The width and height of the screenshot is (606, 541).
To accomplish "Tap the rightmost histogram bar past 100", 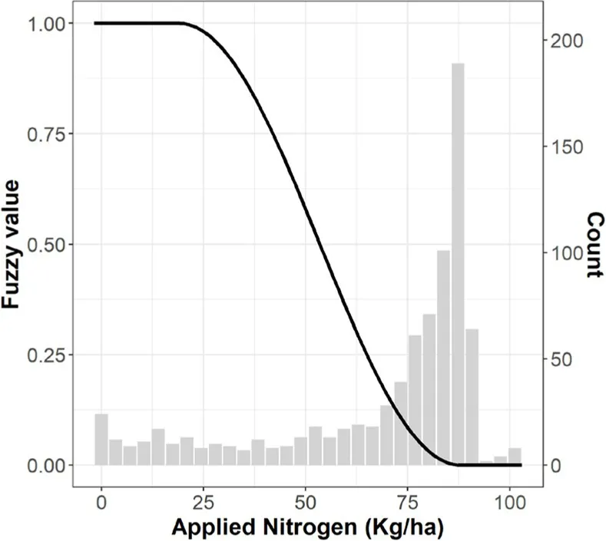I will tap(515, 456).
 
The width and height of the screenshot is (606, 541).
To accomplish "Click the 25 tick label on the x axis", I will tap(204, 505).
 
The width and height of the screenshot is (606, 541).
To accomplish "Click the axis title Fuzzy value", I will tap(14, 244).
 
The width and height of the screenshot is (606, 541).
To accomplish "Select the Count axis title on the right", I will tap(592, 244).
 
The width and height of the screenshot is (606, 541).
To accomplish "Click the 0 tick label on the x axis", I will tap(101, 505).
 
